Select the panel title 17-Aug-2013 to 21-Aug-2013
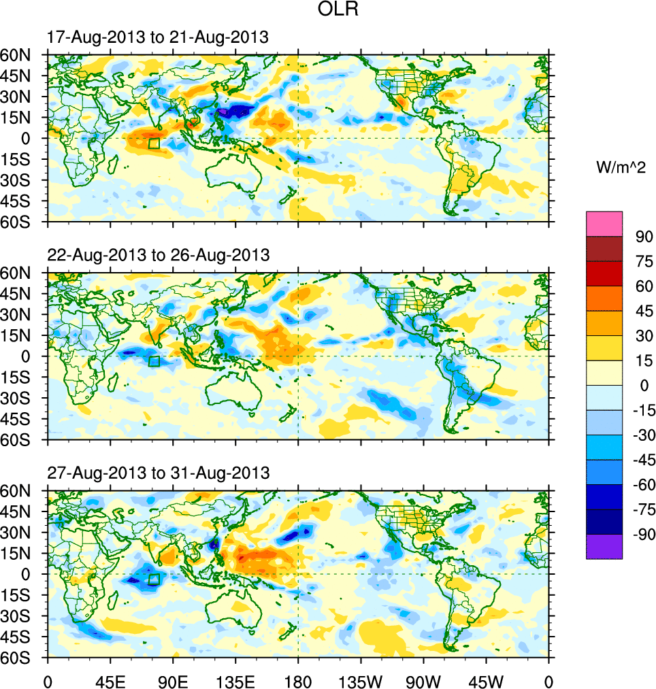click(x=158, y=37)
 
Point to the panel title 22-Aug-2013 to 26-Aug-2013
click(x=158, y=255)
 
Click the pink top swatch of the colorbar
click(x=604, y=223)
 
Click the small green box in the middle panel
click(x=154, y=361)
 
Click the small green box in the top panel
click(x=154, y=144)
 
